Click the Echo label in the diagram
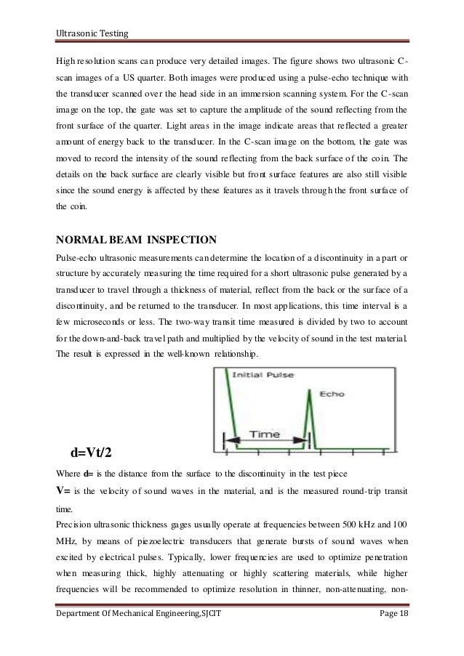coord(329,394)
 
